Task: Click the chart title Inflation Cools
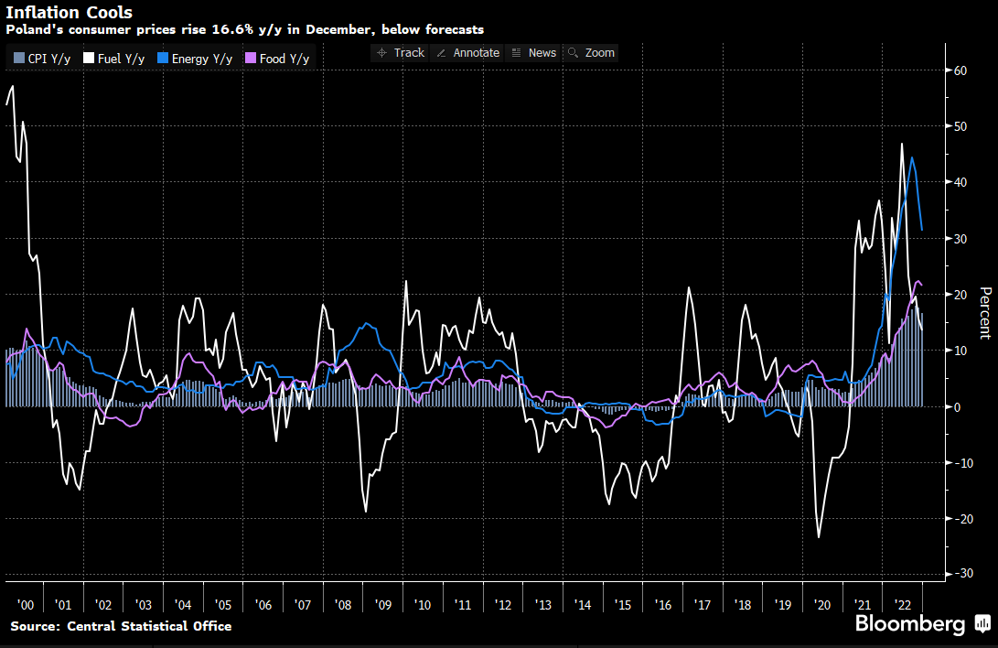(69, 13)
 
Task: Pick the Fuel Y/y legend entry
(114, 59)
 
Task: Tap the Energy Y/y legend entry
(196, 59)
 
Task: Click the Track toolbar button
(401, 53)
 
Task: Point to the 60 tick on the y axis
(960, 70)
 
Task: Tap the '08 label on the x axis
(343, 605)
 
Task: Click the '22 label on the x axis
(903, 605)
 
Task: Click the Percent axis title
(985, 312)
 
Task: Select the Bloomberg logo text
(910, 625)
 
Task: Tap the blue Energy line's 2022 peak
(912, 157)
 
